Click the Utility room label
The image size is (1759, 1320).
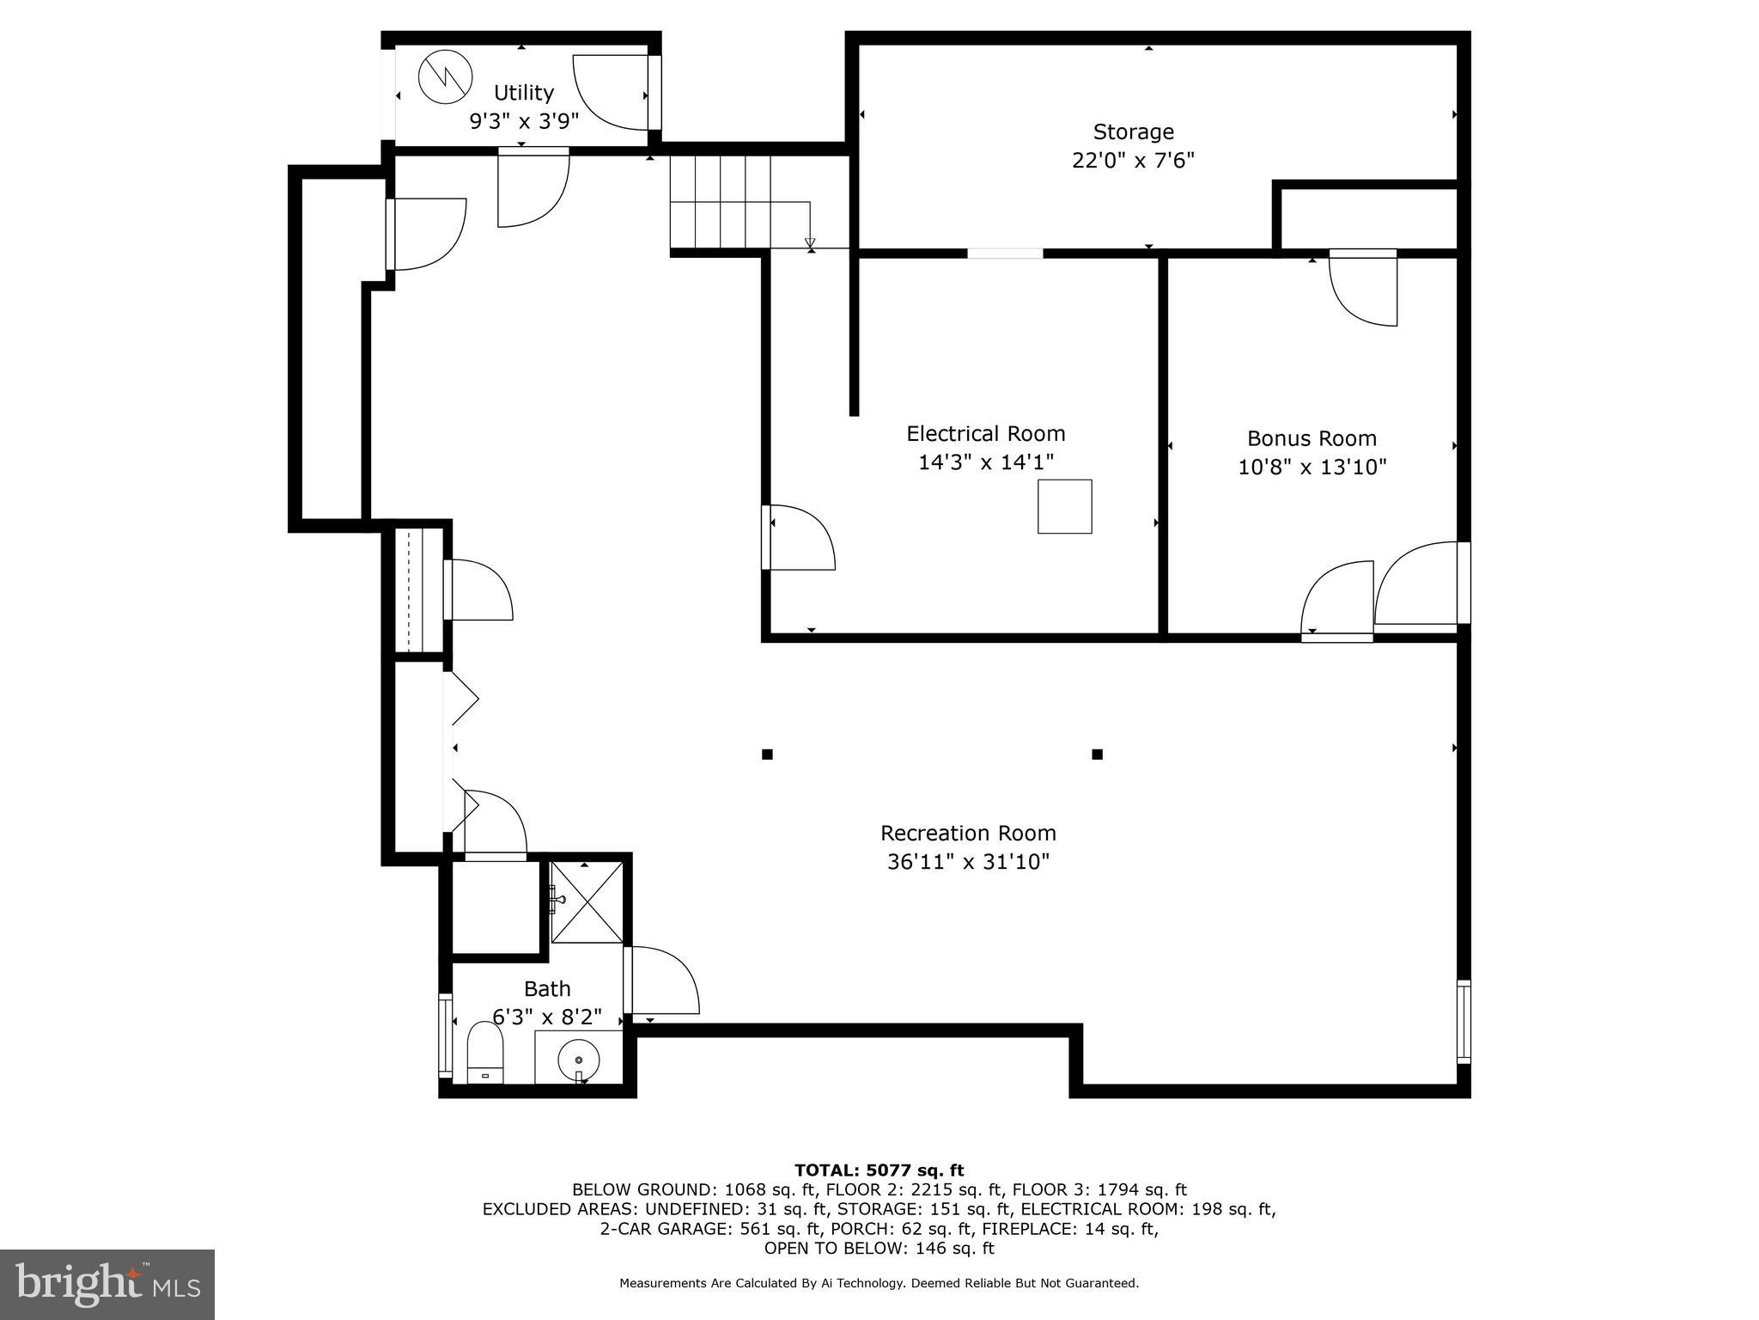523,93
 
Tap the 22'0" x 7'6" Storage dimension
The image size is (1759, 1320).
1133,161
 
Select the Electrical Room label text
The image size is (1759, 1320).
985,434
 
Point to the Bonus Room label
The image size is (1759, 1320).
1312,439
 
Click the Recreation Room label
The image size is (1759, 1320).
968,834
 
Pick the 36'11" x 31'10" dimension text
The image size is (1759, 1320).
968,862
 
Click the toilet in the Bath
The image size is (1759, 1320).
484,1055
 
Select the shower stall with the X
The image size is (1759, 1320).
587,901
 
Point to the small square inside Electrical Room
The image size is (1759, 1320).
1064,507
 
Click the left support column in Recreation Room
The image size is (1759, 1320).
767,755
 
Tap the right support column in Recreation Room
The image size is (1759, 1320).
1097,755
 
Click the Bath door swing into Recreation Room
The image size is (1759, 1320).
663,980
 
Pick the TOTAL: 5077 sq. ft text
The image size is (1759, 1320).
879,1170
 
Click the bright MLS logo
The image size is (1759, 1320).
107,1285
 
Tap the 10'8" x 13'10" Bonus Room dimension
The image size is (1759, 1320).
1312,467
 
